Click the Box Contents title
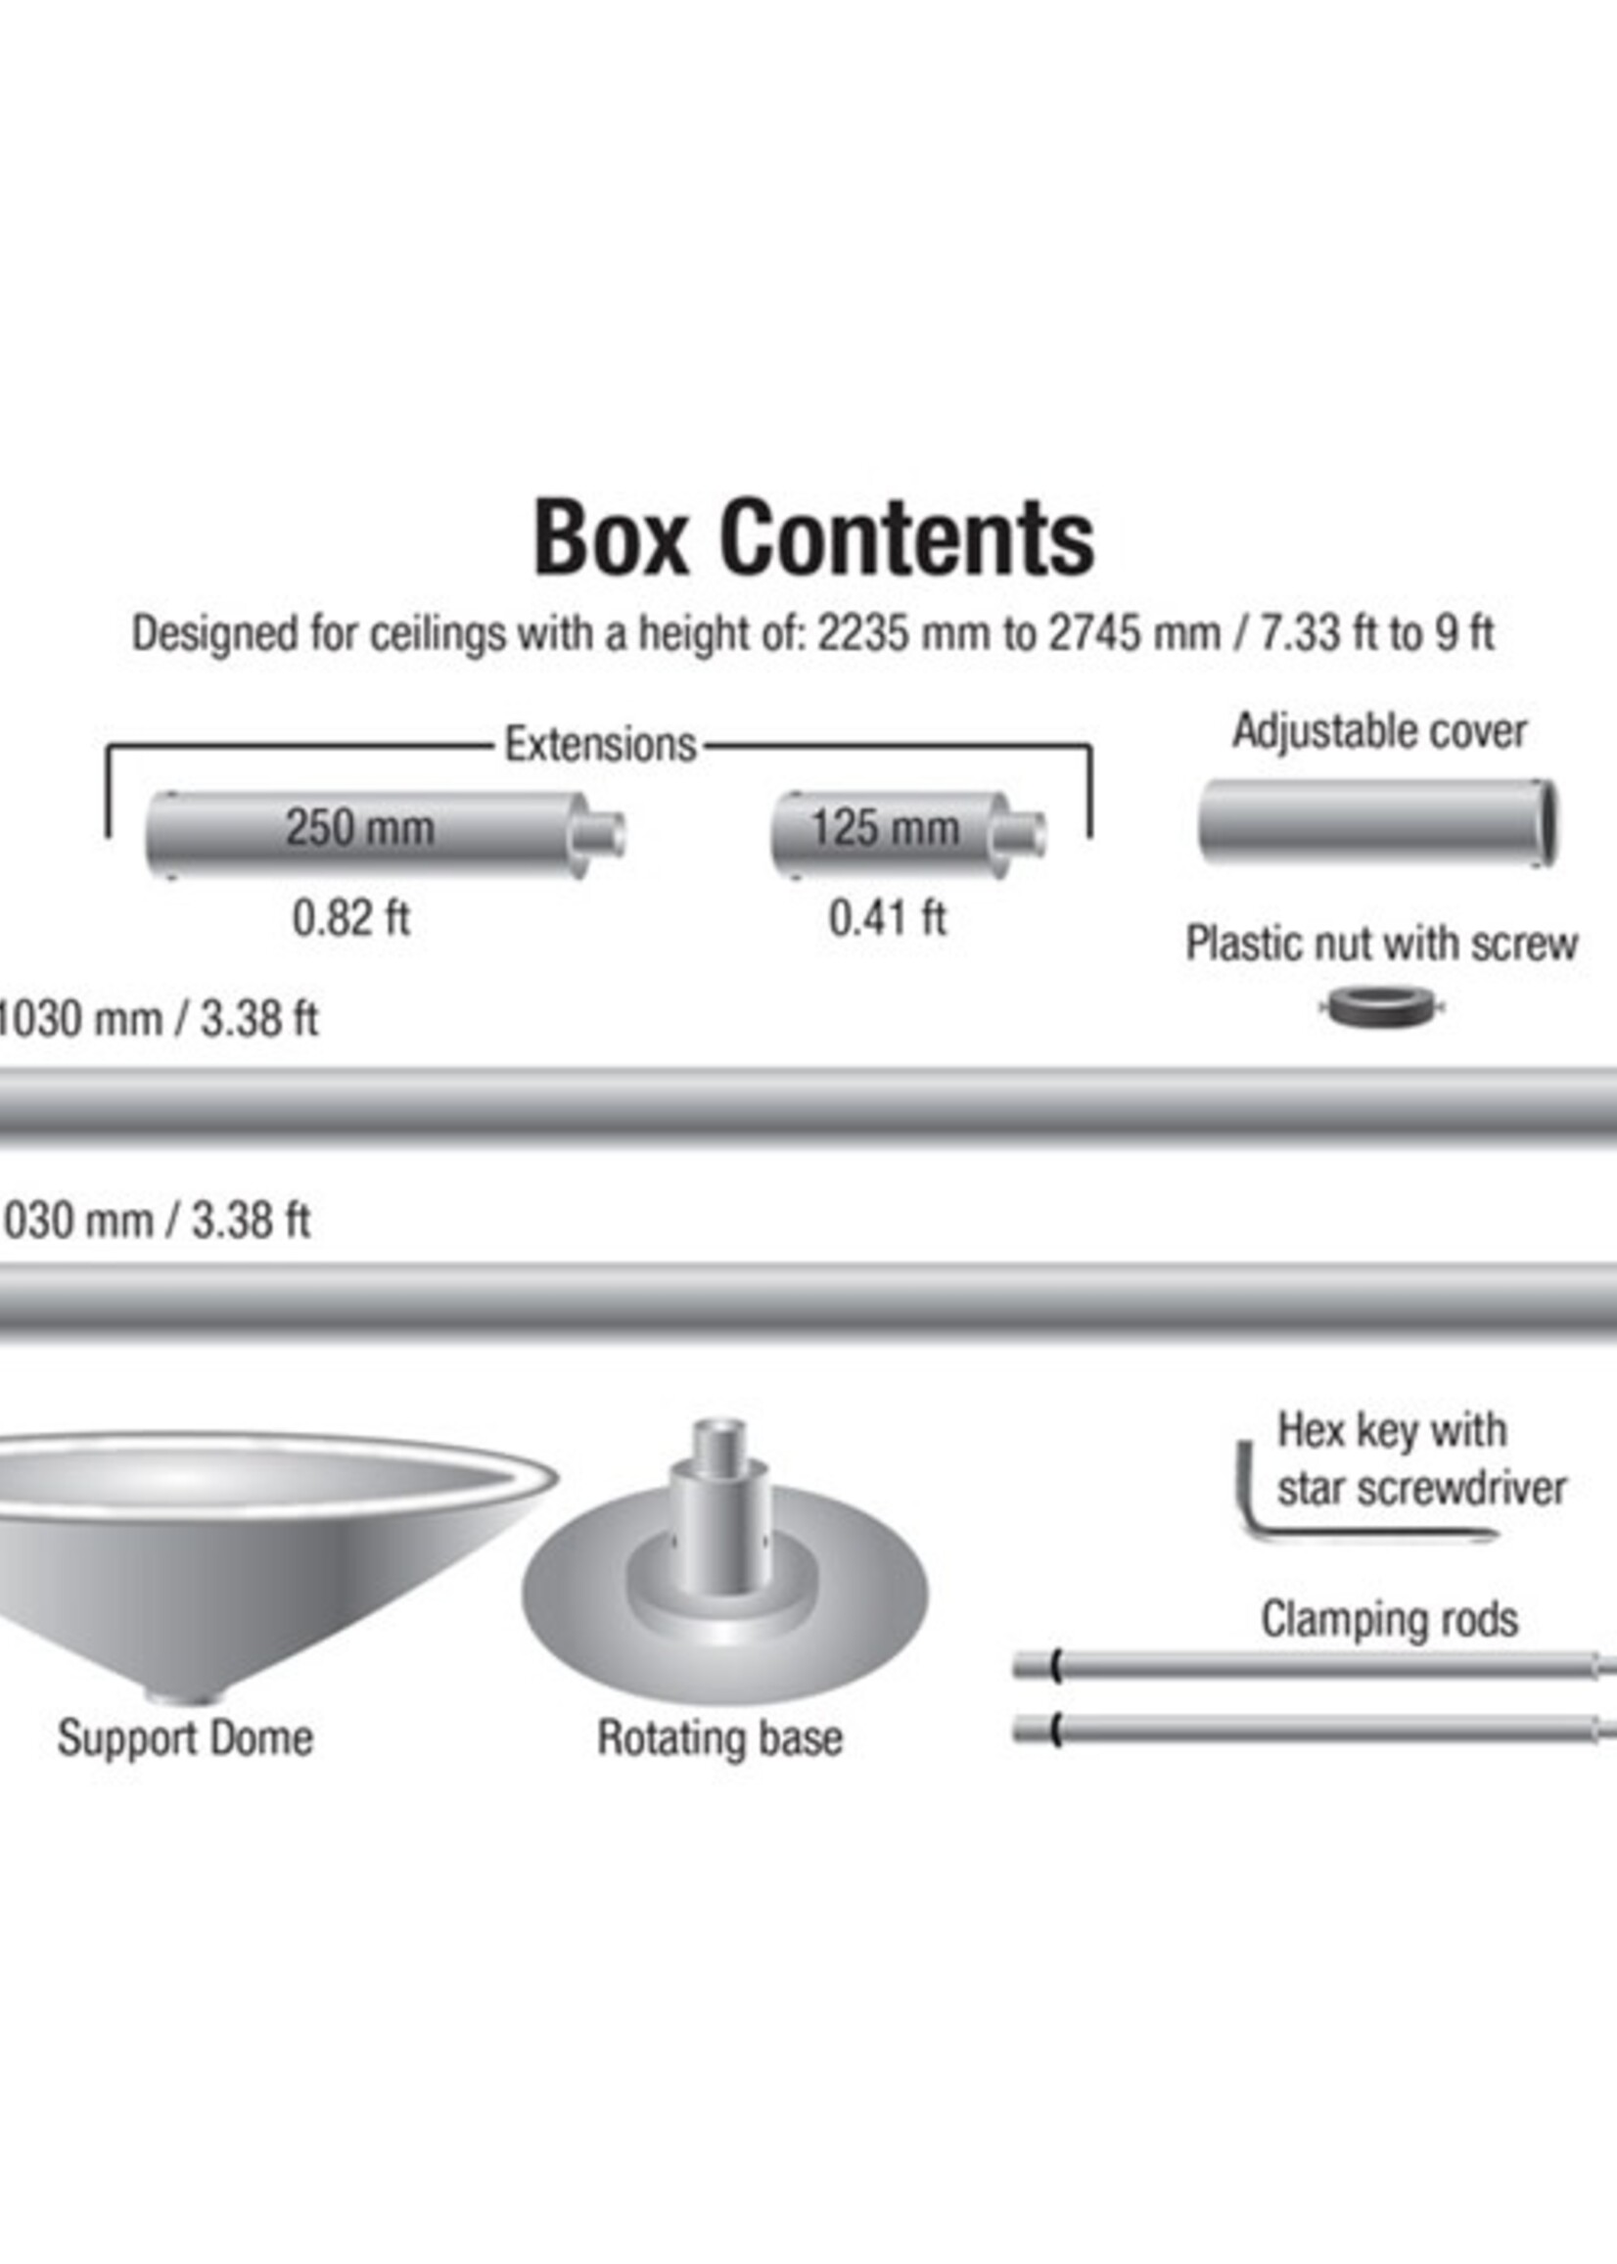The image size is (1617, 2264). click(814, 537)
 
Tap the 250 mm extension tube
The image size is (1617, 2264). click(386, 834)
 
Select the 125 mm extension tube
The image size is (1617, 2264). click(908, 834)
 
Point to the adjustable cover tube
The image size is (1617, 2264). click(1377, 823)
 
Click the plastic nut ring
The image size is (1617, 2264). click(1381, 1008)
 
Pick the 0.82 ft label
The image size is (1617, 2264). click(350, 918)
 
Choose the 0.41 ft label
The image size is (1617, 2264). click(887, 918)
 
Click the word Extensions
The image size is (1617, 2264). click(600, 745)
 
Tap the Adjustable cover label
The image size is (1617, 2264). click(1379, 732)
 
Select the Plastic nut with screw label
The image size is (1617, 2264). click(1381, 944)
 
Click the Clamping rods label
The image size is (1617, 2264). click(1389, 1620)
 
